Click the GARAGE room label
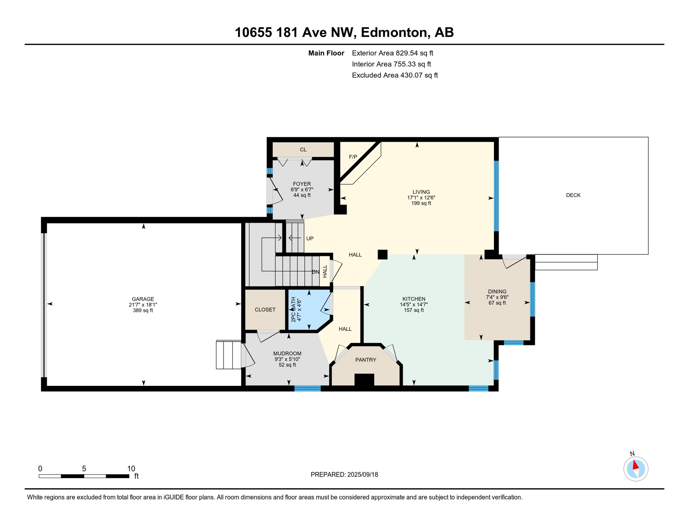pos(143,299)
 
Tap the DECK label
pos(573,195)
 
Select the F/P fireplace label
pos(353,157)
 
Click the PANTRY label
pos(366,360)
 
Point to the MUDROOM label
pos(287,354)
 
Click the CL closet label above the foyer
pos(303,150)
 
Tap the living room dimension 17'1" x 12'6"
pos(421,198)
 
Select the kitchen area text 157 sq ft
pos(413,310)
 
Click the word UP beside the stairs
pos(310,239)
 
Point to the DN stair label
pos(315,272)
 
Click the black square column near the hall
pos(382,255)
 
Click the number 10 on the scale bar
pos(131,469)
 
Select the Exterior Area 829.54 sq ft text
pos(392,53)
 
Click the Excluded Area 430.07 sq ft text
pos(394,75)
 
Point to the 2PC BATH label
pos(293,309)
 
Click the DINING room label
pos(497,292)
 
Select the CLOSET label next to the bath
pos(265,310)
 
